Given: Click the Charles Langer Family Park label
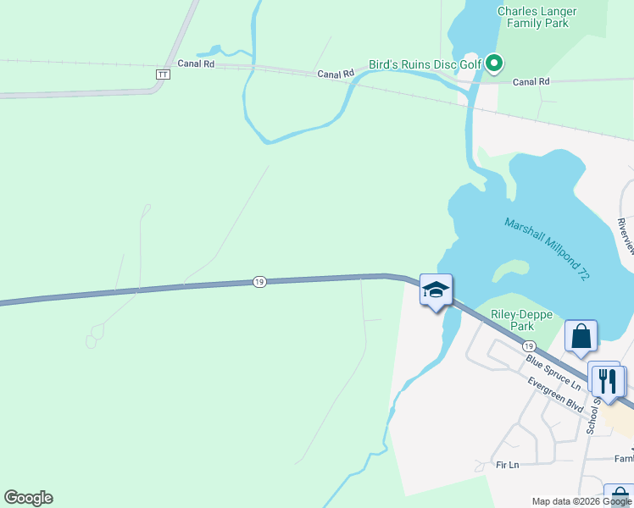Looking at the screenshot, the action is pos(537,17).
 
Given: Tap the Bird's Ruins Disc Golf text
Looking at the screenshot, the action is pos(425,64).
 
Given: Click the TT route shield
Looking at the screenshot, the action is pos(163,75).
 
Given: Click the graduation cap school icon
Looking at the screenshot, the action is pos(436,290).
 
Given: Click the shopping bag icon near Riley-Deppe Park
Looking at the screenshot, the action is pos(581,336).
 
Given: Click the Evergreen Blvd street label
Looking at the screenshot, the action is pos(555,395).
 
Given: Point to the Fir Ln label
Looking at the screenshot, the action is pos(507,465).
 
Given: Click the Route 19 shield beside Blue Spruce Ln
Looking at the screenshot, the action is pos(528,346).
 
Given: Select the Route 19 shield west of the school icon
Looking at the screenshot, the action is pos(259,282).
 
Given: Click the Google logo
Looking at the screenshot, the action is pos(28,498).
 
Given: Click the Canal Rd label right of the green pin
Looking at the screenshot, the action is pos(531,81).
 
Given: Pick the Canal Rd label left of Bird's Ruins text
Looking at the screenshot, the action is pos(335,75).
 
